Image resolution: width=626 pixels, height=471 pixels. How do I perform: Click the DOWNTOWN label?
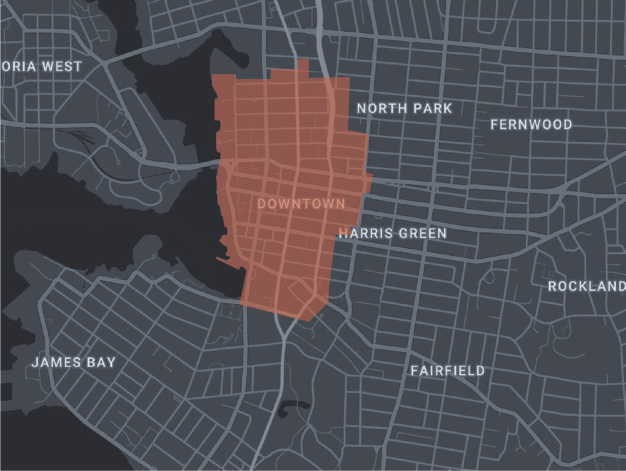pos(301,204)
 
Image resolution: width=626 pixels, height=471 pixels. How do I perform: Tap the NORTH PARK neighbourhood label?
pos(404,108)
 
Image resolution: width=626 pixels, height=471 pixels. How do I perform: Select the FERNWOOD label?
pos(531,125)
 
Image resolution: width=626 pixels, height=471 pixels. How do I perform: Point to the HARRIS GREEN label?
pos(392,233)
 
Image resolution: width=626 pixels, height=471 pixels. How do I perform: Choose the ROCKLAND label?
pos(586,286)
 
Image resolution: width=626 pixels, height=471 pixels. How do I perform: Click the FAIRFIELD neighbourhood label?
pos(447,370)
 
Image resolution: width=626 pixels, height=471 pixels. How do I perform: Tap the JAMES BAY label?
pos(73,362)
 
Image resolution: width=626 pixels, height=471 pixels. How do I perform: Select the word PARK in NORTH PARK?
pos(432,108)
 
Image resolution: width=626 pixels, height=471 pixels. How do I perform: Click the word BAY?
pos(101,362)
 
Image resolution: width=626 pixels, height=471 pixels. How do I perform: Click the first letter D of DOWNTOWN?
pos(262,204)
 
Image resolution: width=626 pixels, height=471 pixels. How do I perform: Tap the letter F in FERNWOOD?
pos(495,125)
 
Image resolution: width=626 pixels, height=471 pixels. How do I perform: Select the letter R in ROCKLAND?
pos(552,286)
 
